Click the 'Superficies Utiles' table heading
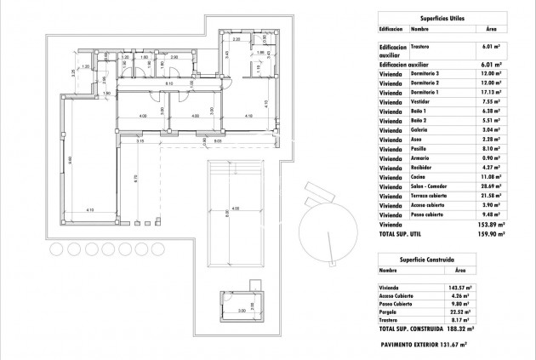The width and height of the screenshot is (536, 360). (x=452, y=18)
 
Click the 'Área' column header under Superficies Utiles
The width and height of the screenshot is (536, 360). (x=491, y=29)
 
